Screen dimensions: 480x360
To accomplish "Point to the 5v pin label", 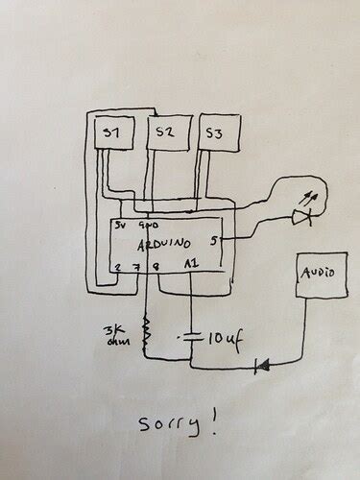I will click(121, 228).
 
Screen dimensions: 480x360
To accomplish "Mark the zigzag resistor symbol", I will click(147, 334).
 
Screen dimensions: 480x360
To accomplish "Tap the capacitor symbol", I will click(195, 337).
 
